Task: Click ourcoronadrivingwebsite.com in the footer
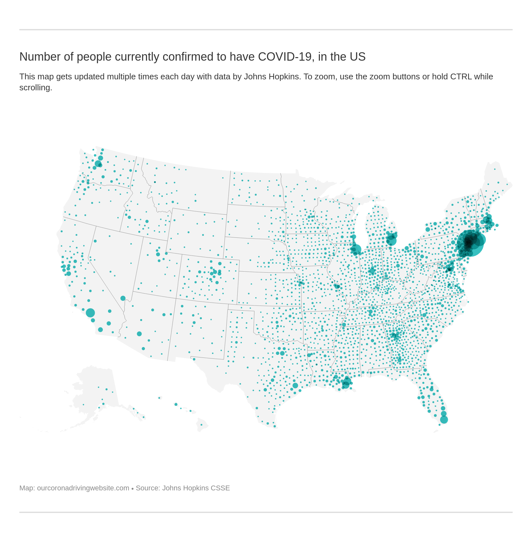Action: [83, 488]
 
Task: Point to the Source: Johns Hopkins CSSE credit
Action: [182, 488]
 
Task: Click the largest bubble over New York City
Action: [470, 243]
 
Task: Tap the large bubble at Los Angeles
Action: [90, 313]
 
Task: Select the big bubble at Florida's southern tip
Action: [444, 420]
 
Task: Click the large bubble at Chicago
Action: [356, 249]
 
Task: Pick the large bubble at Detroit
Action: [391, 240]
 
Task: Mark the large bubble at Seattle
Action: [98, 164]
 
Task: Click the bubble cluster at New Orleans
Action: [346, 383]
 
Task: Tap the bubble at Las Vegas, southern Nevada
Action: [123, 298]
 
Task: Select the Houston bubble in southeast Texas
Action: [295, 386]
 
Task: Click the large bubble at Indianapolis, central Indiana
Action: [372, 271]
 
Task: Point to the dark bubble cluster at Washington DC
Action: [449, 268]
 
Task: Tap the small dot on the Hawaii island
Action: [202, 425]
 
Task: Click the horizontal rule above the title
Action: [266, 30]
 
